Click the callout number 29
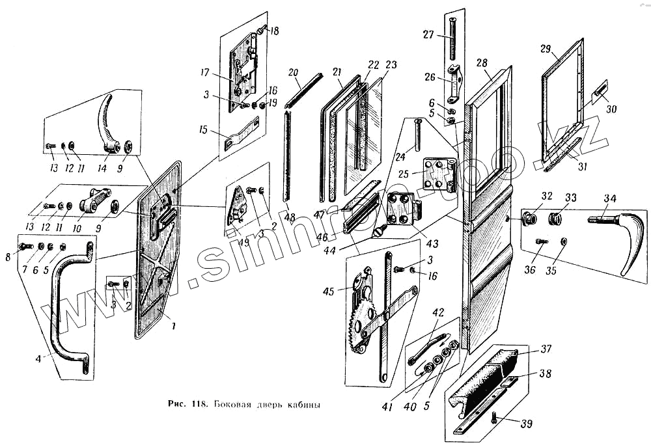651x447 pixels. tap(546, 50)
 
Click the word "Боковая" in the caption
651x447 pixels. tap(235, 405)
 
